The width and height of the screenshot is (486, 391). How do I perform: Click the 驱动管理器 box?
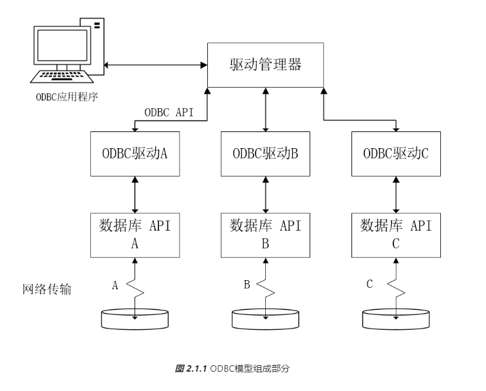click(x=265, y=64)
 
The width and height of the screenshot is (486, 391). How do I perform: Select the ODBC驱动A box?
click(x=135, y=153)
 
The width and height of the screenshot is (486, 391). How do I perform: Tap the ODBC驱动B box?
click(x=265, y=153)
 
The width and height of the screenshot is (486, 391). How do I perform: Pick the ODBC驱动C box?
click(x=396, y=153)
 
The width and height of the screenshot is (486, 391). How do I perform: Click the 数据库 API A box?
click(x=135, y=234)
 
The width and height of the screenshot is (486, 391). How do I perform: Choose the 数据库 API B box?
click(x=265, y=234)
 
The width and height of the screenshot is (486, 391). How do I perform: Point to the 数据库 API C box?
click(x=396, y=234)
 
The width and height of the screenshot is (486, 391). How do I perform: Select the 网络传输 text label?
click(x=47, y=289)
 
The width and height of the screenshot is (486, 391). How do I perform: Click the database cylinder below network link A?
click(x=135, y=318)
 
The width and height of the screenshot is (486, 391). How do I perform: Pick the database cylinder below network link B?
click(x=265, y=318)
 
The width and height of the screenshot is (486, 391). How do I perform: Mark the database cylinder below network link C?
click(x=396, y=318)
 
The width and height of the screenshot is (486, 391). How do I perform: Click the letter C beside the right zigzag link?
click(x=369, y=284)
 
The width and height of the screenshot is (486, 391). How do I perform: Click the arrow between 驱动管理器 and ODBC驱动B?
click(x=265, y=110)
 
